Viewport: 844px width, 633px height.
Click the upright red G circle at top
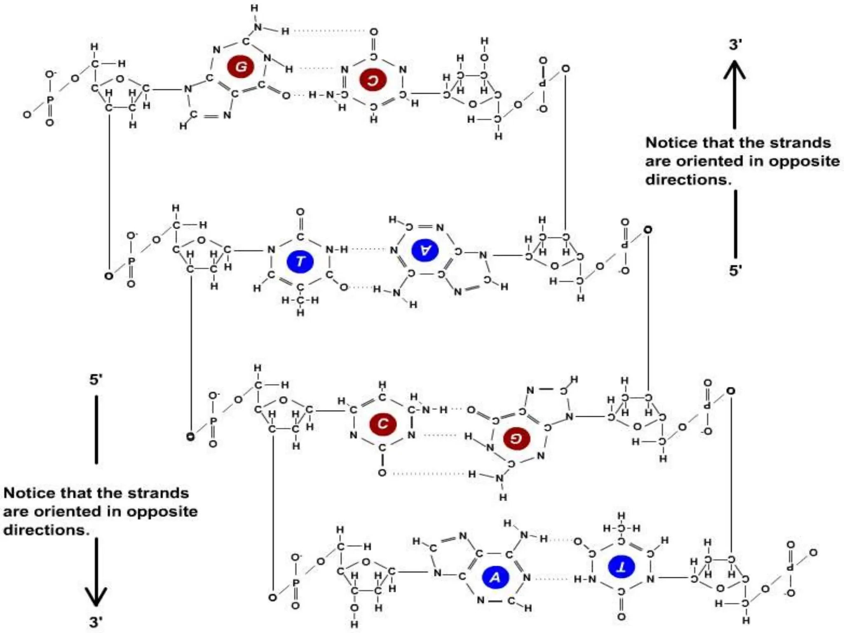241,66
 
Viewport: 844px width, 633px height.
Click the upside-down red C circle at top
373,80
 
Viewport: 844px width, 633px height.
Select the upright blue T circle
300,261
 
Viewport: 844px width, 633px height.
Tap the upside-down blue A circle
425,250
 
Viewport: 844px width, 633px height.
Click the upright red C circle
382,424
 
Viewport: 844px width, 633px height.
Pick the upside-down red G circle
517,438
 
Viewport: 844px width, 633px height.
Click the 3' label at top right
736,44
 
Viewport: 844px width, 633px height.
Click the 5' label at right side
736,271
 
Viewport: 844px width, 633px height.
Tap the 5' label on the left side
96,380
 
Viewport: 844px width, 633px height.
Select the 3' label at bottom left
96,622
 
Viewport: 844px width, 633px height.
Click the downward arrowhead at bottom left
96,597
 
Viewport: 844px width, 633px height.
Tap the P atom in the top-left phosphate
50,100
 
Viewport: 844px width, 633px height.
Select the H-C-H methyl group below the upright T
300,300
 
